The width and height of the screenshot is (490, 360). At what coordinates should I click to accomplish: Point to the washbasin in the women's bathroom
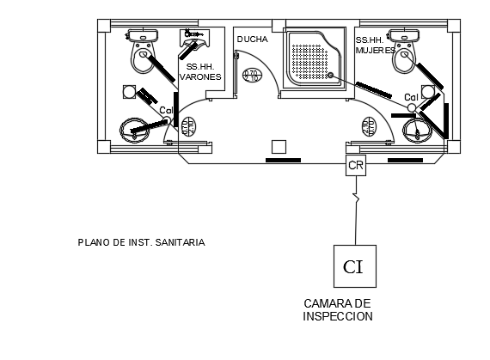pos(419,131)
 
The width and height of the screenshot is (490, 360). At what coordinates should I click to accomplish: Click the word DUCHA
pos(252,40)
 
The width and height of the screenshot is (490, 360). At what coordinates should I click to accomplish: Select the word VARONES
pos(200,76)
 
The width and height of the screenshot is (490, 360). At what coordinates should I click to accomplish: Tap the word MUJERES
pos(375,51)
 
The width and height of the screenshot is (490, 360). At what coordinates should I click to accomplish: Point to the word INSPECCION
pos(338,316)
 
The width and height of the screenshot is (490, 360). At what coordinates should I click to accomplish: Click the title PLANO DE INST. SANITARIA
pos(141,243)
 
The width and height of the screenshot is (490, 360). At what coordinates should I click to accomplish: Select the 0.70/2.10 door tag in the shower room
pos(253,76)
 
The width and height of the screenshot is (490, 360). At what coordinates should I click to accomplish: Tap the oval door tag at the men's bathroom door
pos(187,126)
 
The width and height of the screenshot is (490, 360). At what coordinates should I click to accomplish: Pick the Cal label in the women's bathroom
pos(411,97)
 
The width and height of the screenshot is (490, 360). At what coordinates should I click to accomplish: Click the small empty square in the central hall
pos(278,145)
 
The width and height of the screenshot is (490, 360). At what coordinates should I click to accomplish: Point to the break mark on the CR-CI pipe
pos(355,201)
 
